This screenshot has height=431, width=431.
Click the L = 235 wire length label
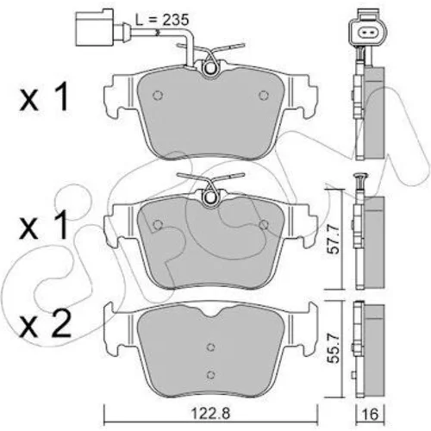click(162, 20)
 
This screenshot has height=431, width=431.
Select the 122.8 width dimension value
click(211, 414)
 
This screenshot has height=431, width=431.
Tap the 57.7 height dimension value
click(334, 240)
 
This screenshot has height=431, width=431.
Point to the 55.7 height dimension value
click(334, 348)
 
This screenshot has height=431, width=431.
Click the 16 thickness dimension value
click(371, 414)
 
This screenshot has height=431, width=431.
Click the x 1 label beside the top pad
click(44, 97)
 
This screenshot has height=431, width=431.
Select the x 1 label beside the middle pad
click(44, 224)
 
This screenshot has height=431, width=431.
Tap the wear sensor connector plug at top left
click(95, 27)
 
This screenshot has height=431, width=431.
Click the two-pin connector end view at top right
click(367, 33)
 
